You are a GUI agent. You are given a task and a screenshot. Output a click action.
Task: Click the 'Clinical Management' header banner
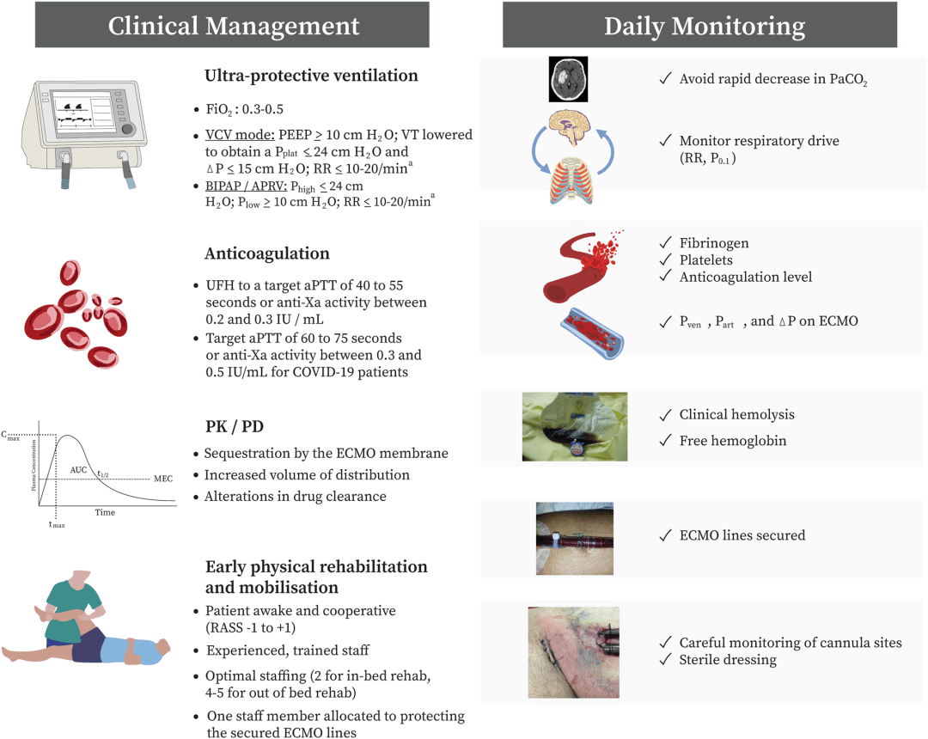(232, 25)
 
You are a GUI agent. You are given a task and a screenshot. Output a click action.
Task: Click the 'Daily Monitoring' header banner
(700, 25)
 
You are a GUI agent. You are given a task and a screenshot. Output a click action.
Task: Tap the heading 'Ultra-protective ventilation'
(311, 76)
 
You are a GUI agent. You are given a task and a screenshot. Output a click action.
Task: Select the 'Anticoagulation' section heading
(267, 253)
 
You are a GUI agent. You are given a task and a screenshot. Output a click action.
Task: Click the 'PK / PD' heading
(235, 426)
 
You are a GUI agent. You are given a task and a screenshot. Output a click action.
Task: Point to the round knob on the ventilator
(127, 129)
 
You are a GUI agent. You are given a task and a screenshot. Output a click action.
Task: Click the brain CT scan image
(568, 79)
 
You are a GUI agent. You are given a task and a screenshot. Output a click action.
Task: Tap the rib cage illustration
(571, 180)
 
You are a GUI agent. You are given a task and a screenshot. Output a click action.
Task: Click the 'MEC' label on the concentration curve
(163, 479)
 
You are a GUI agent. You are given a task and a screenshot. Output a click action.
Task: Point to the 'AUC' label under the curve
(79, 470)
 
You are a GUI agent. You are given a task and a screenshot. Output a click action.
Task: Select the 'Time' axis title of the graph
(106, 512)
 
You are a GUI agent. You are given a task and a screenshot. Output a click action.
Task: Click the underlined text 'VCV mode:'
(240, 135)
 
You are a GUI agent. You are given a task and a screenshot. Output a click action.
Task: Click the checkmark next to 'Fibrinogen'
(665, 242)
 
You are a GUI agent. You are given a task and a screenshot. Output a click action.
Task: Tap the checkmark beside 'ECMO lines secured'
(665, 534)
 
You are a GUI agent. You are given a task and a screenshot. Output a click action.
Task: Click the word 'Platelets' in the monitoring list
(706, 260)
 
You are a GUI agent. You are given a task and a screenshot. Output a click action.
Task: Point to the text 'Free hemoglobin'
(733, 441)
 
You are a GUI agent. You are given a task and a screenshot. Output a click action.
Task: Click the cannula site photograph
(573, 652)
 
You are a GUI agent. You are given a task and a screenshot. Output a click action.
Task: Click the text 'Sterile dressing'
(728, 660)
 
